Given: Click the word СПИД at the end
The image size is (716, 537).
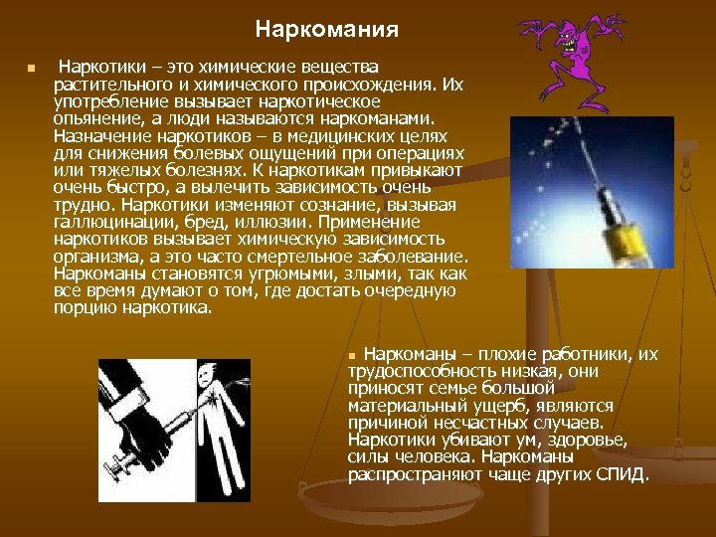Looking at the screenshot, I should pos(622,473).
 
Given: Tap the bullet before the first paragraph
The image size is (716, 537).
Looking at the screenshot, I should pos(31,69).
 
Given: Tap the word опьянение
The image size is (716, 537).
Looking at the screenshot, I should pos(95,116).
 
